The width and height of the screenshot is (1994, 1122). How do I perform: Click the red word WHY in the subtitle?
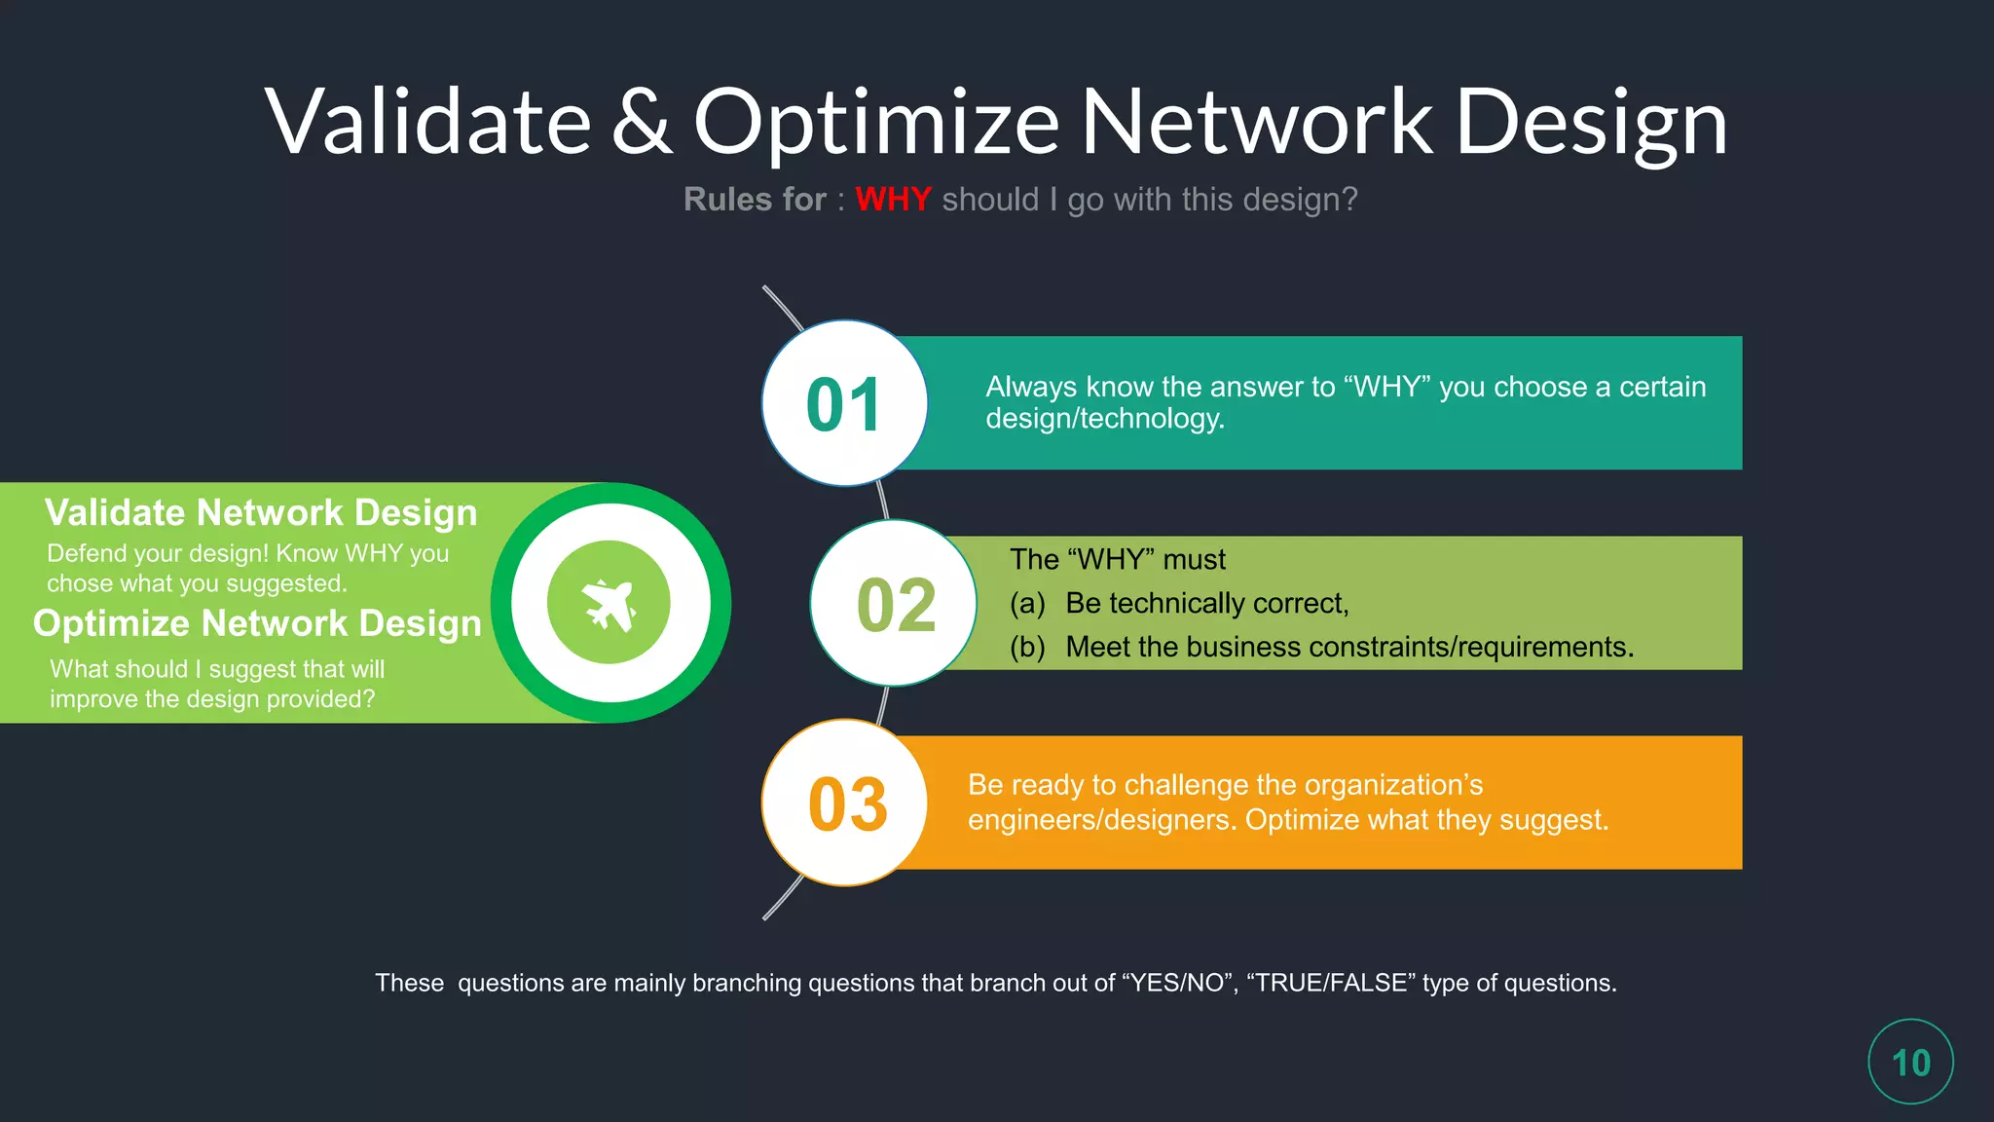[x=893, y=200]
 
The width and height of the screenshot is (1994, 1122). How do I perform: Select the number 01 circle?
[x=844, y=403]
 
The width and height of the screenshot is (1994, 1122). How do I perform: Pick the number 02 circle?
[x=894, y=604]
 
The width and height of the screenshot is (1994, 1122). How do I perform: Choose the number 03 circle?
[x=846, y=804]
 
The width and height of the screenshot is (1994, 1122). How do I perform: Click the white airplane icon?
[x=609, y=604]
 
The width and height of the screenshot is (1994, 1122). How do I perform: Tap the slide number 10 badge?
[x=1910, y=1062]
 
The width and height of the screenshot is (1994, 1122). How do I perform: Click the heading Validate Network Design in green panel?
[x=261, y=512]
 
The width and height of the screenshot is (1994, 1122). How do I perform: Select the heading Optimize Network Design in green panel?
[x=257, y=623]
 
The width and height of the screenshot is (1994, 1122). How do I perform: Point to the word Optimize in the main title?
[x=876, y=122]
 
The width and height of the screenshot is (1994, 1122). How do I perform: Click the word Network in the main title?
[x=1256, y=122]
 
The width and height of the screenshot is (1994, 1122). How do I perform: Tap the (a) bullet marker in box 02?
[x=1027, y=604]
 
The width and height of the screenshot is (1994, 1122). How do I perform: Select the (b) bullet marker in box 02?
[x=1027, y=648]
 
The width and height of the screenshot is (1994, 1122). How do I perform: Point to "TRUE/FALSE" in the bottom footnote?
[x=1330, y=983]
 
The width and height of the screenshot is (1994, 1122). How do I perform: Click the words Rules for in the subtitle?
[x=755, y=200]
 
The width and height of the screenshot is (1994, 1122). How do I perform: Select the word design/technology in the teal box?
[x=1105, y=419]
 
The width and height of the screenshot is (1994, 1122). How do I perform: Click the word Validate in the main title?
[x=428, y=122]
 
